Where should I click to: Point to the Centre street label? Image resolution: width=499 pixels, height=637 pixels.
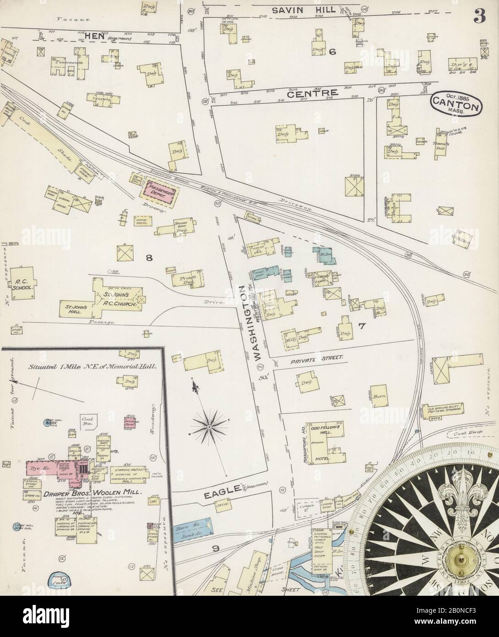click(313, 93)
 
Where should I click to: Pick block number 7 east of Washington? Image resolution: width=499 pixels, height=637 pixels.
click(361, 326)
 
